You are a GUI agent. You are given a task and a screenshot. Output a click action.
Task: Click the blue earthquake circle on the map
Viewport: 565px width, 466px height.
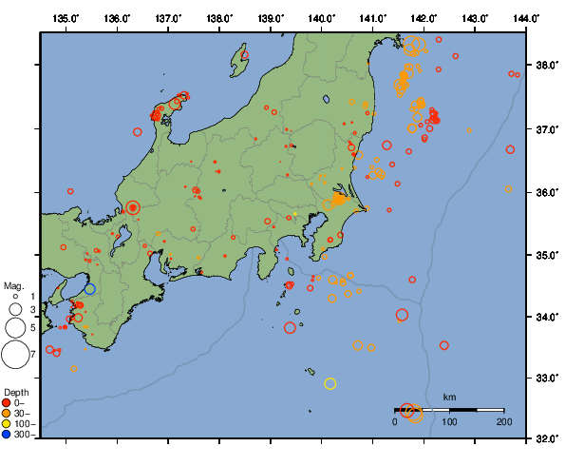coord(90,289)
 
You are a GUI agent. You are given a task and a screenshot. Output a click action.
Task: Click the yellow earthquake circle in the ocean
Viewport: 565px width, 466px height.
coord(330,383)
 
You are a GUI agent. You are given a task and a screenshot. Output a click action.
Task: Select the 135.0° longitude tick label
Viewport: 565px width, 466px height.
coord(66,18)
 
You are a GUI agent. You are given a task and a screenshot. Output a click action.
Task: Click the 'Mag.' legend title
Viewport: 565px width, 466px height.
coord(13,285)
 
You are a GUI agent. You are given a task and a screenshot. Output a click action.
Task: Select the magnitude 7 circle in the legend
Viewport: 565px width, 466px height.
coord(15,355)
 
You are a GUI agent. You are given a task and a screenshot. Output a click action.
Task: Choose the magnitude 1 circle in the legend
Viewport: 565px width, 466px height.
coord(15,298)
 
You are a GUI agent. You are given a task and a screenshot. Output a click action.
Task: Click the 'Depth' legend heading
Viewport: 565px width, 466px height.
coord(16,392)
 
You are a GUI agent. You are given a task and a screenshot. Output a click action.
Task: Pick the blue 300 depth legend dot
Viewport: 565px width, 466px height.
coord(8,435)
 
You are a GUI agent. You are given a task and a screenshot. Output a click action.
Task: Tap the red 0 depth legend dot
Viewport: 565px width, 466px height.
coord(8,402)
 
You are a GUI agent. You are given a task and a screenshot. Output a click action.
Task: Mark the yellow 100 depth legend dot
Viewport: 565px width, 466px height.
coord(8,424)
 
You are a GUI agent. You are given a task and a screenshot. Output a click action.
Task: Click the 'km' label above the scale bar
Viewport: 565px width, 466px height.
coord(449,397)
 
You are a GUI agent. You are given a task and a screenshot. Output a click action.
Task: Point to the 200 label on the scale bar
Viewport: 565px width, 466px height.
coord(503,420)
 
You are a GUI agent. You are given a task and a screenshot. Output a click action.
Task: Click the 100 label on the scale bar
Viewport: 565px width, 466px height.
coord(449,420)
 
